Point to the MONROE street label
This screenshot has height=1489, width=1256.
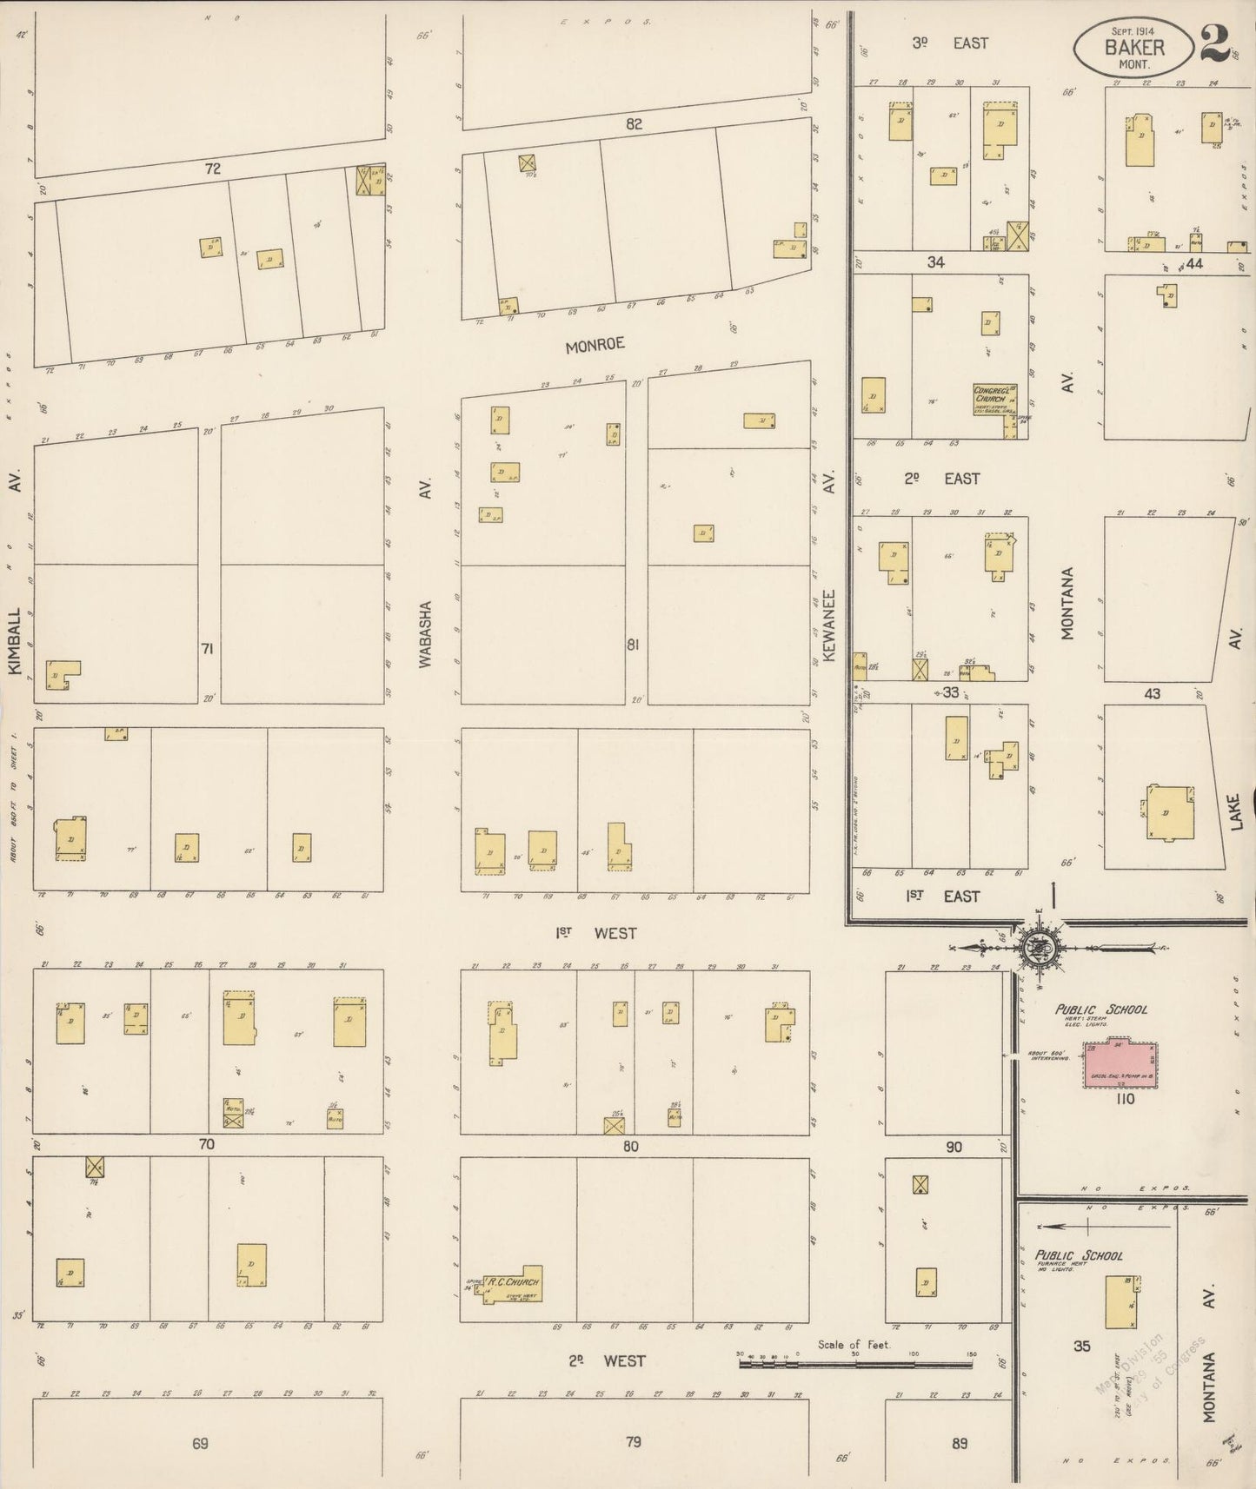(x=595, y=345)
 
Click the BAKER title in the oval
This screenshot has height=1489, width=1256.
(x=1134, y=48)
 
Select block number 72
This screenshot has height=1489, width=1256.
(x=213, y=169)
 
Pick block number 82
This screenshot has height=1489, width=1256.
(x=634, y=124)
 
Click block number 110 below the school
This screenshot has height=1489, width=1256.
(x=1125, y=1099)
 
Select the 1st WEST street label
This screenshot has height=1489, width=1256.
(x=596, y=933)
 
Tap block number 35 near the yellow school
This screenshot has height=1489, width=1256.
(x=1081, y=1347)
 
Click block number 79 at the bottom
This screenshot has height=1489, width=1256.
(x=634, y=1442)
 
